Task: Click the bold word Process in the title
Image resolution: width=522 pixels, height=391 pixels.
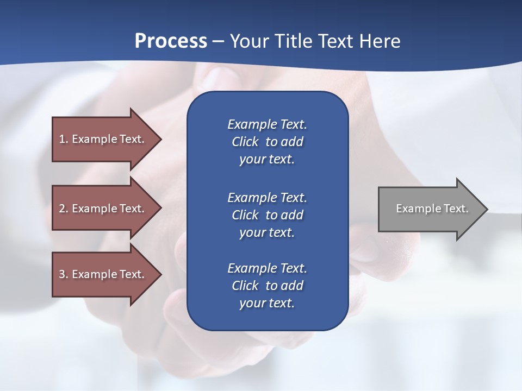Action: (x=171, y=41)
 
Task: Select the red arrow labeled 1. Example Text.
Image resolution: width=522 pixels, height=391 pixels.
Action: (x=103, y=139)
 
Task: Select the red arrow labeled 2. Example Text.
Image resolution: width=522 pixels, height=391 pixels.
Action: (x=103, y=209)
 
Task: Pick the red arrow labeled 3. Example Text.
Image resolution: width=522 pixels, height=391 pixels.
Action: (x=103, y=274)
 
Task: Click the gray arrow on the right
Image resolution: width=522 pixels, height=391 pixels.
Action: (x=430, y=209)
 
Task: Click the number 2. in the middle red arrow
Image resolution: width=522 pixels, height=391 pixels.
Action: (x=63, y=209)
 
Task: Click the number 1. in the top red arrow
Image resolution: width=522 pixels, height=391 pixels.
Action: (x=63, y=139)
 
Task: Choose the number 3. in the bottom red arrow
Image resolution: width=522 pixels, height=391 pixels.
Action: (x=63, y=274)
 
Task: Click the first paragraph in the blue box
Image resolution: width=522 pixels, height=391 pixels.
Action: (x=267, y=142)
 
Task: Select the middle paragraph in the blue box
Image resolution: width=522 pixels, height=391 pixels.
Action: (x=267, y=215)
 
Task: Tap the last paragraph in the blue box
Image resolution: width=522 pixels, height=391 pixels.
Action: (x=267, y=286)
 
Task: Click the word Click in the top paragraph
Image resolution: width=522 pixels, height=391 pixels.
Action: (x=245, y=142)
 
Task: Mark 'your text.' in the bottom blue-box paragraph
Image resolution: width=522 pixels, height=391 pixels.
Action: (x=267, y=303)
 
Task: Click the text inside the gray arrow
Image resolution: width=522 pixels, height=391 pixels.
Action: (x=432, y=209)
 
